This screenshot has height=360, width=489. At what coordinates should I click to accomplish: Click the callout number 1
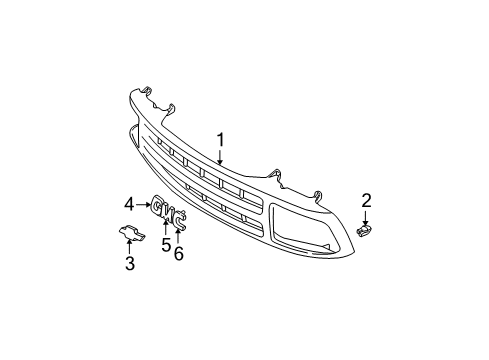(221, 140)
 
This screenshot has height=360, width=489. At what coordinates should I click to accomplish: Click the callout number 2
(366, 200)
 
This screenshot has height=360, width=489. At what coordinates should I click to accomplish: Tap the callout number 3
(129, 264)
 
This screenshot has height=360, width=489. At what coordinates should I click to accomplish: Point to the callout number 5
(166, 245)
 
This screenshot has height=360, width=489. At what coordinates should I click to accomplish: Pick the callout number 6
(180, 254)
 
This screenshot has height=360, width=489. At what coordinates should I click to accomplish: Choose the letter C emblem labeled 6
(180, 221)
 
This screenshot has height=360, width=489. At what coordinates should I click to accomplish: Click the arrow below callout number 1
(221, 157)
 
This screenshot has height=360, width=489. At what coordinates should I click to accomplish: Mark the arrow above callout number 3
(129, 248)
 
